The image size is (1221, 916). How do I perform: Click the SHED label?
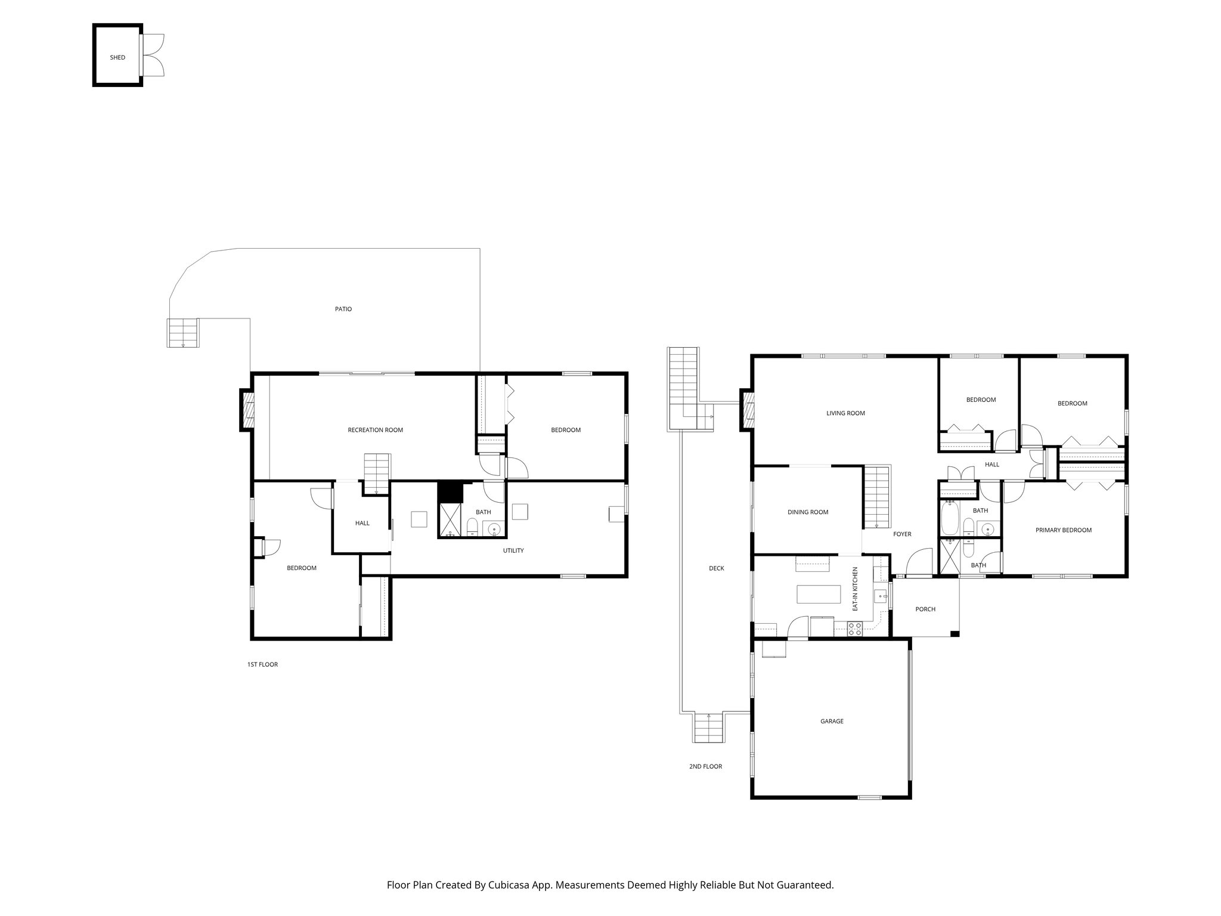[x=117, y=58]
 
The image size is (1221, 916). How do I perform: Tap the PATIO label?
[x=343, y=309]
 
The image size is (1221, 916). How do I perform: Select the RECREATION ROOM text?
[x=375, y=430]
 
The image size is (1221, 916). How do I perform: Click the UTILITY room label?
[x=513, y=550]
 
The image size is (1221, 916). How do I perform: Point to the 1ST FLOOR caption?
[x=262, y=664]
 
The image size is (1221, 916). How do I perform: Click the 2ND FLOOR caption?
[x=705, y=766]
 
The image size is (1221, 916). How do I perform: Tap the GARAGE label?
[x=832, y=721]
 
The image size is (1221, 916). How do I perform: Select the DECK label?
[x=716, y=568]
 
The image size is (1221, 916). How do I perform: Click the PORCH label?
[x=925, y=609]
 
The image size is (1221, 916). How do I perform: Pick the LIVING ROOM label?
[x=845, y=413]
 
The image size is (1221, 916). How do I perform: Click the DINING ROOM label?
[x=808, y=512]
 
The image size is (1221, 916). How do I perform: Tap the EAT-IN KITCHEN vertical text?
[x=854, y=589]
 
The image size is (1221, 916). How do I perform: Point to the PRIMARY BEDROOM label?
[x=1063, y=530]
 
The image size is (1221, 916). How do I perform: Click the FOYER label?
[x=902, y=534]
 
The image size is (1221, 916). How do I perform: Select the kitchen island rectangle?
[x=819, y=595]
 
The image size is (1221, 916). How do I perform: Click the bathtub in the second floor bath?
[x=950, y=518]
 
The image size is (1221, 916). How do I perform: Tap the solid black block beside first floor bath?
[x=450, y=493]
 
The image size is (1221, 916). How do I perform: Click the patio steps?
[x=182, y=333]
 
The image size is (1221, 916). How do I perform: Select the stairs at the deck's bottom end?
[x=709, y=728]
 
